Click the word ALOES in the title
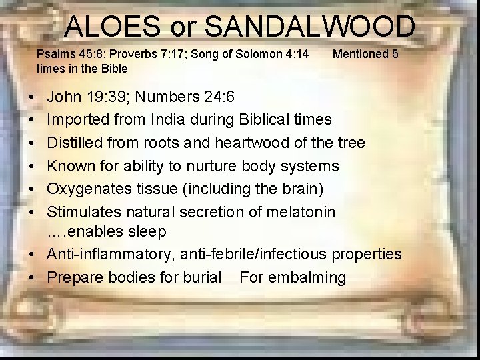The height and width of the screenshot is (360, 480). click(113, 27)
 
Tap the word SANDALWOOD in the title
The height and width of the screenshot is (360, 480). click(309, 27)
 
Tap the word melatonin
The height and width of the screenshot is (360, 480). click(307, 211)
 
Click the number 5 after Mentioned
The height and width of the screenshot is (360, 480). click(395, 54)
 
